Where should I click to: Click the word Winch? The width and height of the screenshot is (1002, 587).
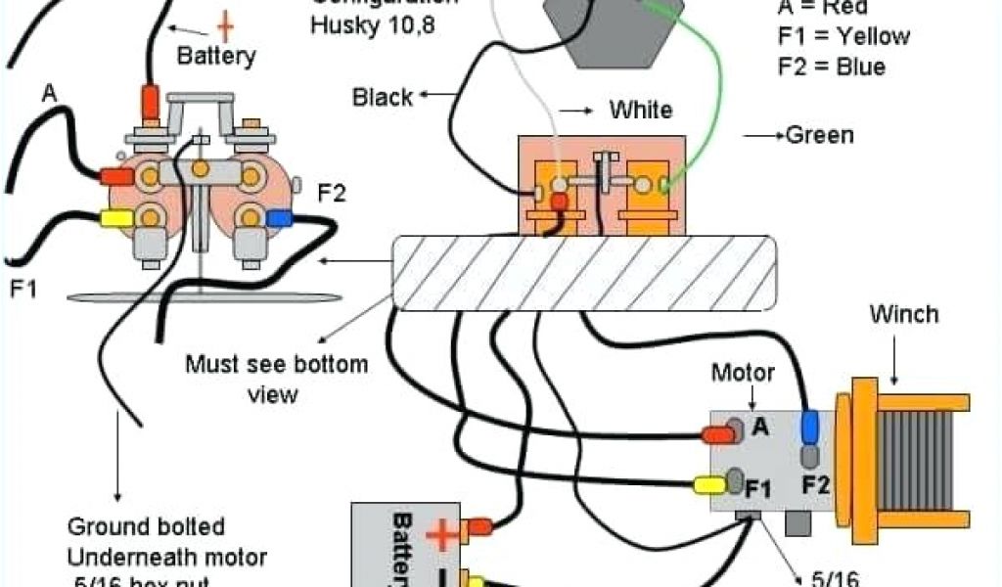coord(903,314)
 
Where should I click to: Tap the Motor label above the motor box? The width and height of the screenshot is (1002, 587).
coord(743,372)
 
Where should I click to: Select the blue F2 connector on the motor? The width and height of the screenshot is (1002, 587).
coord(809,428)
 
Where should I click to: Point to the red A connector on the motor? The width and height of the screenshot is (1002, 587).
coord(717,434)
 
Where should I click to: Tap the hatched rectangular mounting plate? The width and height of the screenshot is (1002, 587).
coord(585,273)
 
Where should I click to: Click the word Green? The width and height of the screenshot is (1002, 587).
coord(819,135)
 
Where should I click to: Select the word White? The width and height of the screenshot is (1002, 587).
coord(641,109)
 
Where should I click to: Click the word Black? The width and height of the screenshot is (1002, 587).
coord(383,97)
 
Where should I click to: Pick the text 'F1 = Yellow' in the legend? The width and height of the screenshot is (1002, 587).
coord(843,37)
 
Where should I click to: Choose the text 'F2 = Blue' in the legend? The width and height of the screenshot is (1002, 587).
coord(832,67)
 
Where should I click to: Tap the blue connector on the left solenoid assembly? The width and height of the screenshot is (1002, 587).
coord(279,218)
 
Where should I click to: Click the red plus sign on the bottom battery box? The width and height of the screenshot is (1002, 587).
coord(441,534)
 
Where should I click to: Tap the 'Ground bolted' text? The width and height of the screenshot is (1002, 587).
coord(145,527)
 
